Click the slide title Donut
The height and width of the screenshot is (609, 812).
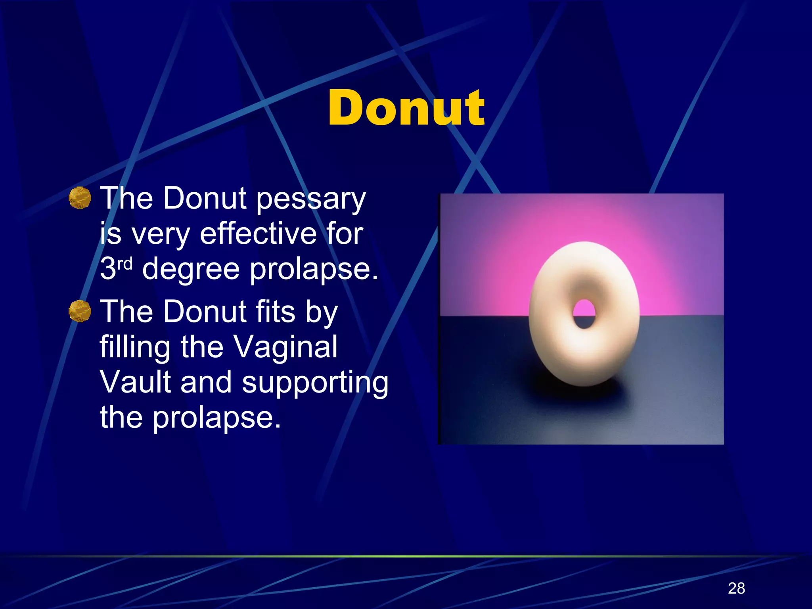click(406, 108)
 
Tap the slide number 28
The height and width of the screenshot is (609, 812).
click(736, 588)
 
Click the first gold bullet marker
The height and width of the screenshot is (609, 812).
click(80, 197)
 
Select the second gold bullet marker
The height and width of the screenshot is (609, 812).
click(80, 311)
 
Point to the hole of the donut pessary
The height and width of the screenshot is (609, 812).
click(584, 314)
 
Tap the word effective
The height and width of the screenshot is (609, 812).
click(258, 234)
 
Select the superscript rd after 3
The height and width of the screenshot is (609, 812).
click(125, 264)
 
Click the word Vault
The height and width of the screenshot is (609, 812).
click(135, 382)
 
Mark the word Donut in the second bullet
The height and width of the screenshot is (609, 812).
click(205, 312)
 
